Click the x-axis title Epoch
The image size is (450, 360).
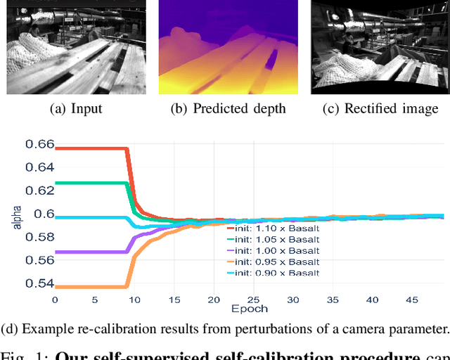pyautogui.click(x=248, y=308)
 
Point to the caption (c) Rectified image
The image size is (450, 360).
pyautogui.click(x=380, y=108)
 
